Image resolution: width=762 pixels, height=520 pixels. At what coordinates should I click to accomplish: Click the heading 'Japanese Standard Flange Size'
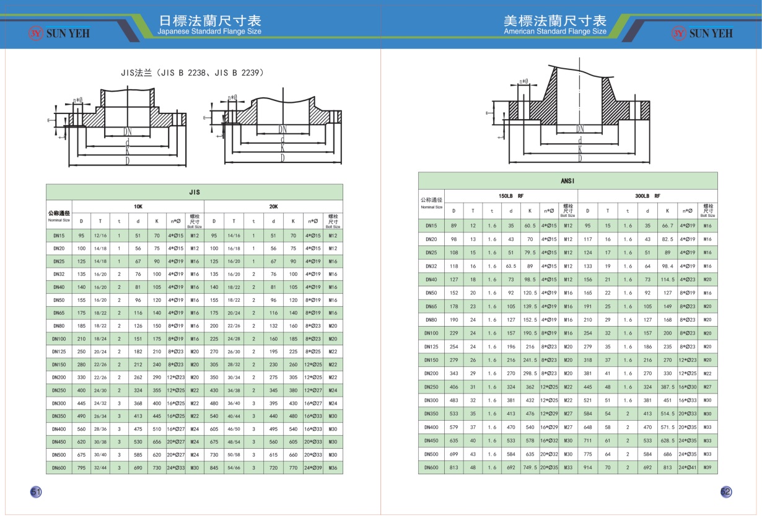[209, 32]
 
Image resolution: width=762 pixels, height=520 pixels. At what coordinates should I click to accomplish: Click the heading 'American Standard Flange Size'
[555, 32]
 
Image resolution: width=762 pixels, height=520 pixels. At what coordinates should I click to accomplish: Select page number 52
[726, 491]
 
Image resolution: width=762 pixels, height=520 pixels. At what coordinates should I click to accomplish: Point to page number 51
[36, 491]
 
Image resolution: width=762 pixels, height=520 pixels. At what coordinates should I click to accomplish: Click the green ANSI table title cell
[567, 181]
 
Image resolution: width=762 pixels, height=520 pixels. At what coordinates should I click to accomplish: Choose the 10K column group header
[138, 206]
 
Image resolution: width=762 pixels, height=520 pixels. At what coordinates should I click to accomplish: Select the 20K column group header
[273, 206]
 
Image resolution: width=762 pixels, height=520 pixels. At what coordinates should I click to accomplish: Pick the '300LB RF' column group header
[647, 196]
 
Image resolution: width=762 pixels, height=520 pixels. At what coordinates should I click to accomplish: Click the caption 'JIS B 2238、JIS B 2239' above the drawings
[193, 73]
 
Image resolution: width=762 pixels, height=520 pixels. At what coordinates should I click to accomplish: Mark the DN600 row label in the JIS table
[59, 468]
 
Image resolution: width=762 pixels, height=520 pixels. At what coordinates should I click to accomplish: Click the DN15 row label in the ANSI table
[431, 226]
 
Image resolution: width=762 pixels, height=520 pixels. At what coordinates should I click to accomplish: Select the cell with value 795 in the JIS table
[81, 468]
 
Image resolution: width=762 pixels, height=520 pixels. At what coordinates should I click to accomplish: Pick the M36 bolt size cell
[333, 468]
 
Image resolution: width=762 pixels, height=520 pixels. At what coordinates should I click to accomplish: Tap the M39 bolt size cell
[707, 467]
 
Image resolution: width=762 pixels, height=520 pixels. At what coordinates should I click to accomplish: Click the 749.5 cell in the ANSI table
[530, 467]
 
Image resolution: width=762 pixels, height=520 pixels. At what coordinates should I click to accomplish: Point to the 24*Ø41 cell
[687, 467]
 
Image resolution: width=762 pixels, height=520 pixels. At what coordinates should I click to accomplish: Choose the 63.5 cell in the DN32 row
[511, 266]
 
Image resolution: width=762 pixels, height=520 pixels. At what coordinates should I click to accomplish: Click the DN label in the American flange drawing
[580, 129]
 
